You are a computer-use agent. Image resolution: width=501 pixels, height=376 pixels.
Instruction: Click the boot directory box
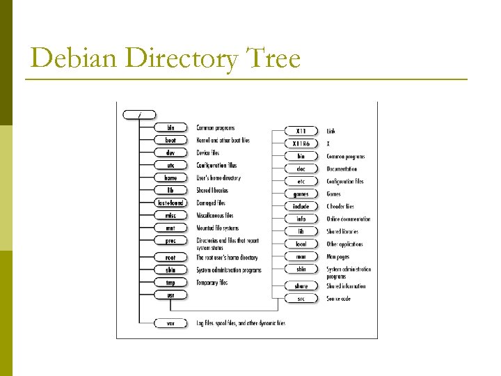(170, 140)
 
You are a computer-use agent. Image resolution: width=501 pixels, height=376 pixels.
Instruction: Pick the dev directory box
(170, 152)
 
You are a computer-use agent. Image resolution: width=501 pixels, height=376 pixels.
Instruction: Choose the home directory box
(170, 178)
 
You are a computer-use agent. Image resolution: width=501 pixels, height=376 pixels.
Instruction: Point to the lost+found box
(170, 203)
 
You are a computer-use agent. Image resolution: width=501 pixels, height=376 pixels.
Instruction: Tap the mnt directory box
(170, 228)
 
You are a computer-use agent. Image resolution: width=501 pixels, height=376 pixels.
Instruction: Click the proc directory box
(170, 240)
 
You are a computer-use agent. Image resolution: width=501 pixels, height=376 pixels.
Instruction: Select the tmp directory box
(170, 283)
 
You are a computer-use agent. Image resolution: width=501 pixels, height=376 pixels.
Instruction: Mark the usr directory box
(170, 295)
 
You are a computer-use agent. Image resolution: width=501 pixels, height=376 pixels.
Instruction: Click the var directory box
(170, 323)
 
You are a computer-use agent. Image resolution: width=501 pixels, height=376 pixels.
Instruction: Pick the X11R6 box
(301, 143)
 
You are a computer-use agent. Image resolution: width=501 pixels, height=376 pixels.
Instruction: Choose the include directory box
(301, 206)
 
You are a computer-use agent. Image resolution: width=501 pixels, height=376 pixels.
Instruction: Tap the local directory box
(301, 244)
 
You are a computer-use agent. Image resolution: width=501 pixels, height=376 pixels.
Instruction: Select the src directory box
(301, 298)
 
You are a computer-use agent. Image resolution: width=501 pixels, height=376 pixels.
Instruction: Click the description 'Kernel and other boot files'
(223, 140)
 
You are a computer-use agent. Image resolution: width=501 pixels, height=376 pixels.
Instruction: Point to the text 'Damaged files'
(211, 203)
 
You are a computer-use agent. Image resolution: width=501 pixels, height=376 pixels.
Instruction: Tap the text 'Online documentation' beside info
(349, 219)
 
